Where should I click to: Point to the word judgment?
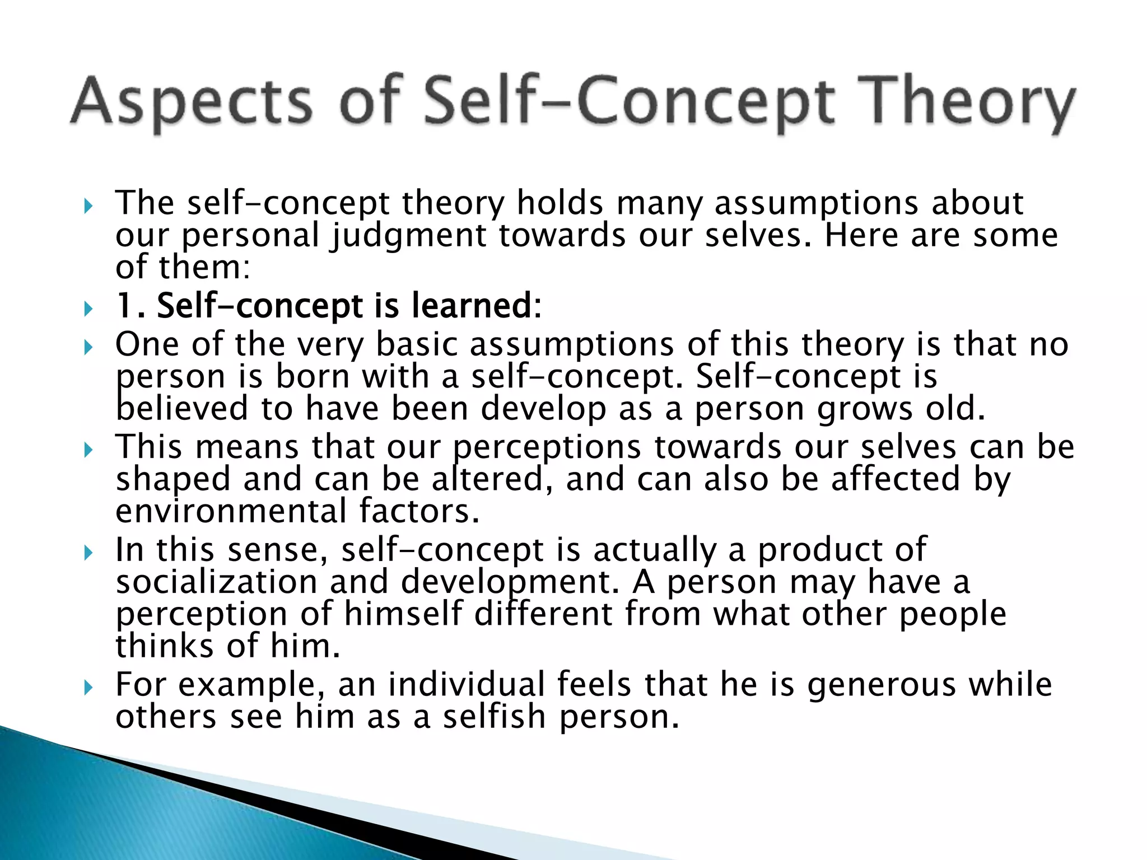tap(408, 235)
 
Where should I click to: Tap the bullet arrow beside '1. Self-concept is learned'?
tap(88, 309)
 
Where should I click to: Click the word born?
tap(313, 376)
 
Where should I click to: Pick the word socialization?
tap(216, 582)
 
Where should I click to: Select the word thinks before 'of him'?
tap(165, 646)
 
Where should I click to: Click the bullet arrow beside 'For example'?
tap(88, 688)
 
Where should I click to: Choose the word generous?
tap(882, 685)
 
